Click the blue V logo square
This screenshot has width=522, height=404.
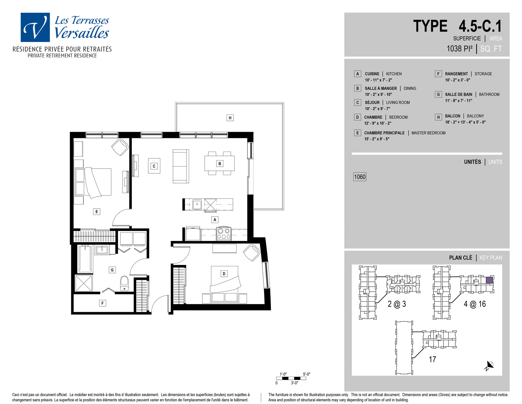coord(35,27)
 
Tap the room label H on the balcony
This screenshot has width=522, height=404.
coord(230,118)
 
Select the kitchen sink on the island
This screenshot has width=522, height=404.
coord(197,204)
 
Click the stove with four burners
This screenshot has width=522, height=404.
coord(224,234)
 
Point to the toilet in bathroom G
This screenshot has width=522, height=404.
coord(124,283)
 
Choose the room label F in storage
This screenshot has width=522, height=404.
coord(103,303)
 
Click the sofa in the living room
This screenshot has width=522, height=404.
coord(181,166)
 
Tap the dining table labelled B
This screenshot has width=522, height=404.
coord(219,163)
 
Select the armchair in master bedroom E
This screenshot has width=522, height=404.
coord(120,147)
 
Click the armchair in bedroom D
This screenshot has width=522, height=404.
coord(252,252)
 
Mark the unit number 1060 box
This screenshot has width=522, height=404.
coord(360,177)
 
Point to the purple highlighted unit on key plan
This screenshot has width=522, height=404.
coord(489,280)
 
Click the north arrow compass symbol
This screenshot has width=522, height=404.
coord(489,365)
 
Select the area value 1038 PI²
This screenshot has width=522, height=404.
coord(460,49)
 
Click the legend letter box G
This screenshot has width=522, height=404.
coord(438,94)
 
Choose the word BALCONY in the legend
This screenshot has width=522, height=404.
coord(475,116)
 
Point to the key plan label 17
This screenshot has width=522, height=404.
coord(432,359)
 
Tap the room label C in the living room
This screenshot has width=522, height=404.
coord(154,166)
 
